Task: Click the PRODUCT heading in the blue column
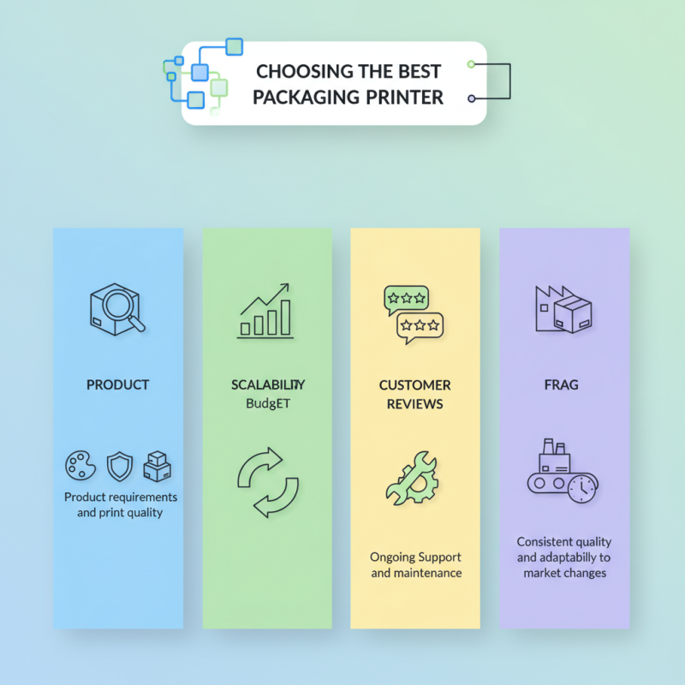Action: pyautogui.click(x=118, y=385)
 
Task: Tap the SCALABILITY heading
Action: pyautogui.click(x=266, y=385)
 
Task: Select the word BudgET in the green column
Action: pyautogui.click(x=266, y=403)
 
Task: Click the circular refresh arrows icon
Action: pyautogui.click(x=266, y=481)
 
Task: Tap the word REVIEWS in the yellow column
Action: pyautogui.click(x=415, y=403)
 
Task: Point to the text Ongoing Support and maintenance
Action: pyautogui.click(x=416, y=564)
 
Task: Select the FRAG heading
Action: pyautogui.click(x=564, y=385)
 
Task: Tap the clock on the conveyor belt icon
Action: pyautogui.click(x=583, y=488)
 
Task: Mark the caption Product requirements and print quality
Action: pyautogui.click(x=119, y=504)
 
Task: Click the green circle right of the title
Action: pyautogui.click(x=471, y=64)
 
